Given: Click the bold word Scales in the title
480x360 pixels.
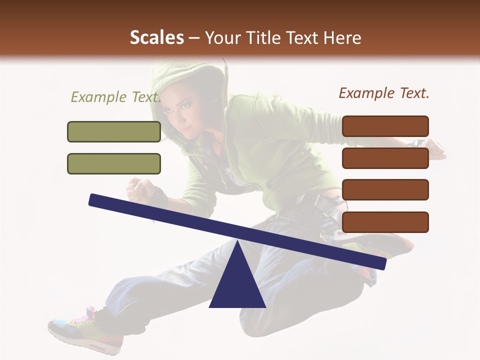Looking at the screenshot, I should [156, 38].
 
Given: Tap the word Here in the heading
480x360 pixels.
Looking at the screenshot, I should [343, 38].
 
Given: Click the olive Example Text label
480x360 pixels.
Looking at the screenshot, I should [115, 97].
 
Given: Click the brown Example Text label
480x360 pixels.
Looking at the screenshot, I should [384, 93].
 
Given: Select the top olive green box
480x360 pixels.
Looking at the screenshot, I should [114, 131].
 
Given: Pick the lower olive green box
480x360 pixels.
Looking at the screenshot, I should [114, 163].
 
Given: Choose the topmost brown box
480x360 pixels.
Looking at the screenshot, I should [385, 126].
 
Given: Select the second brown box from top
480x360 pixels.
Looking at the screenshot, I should [385, 158].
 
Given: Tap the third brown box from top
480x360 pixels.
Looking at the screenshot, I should [385, 190].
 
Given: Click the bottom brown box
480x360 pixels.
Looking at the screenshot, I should [385, 222].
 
